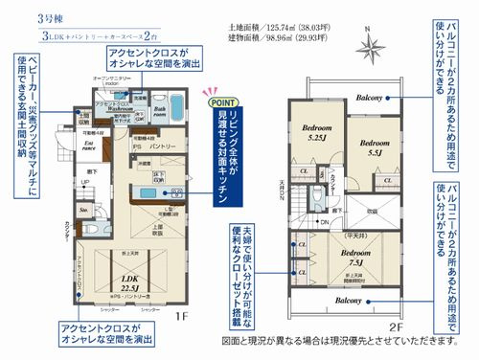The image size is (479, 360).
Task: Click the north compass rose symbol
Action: [x=370, y=44]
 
